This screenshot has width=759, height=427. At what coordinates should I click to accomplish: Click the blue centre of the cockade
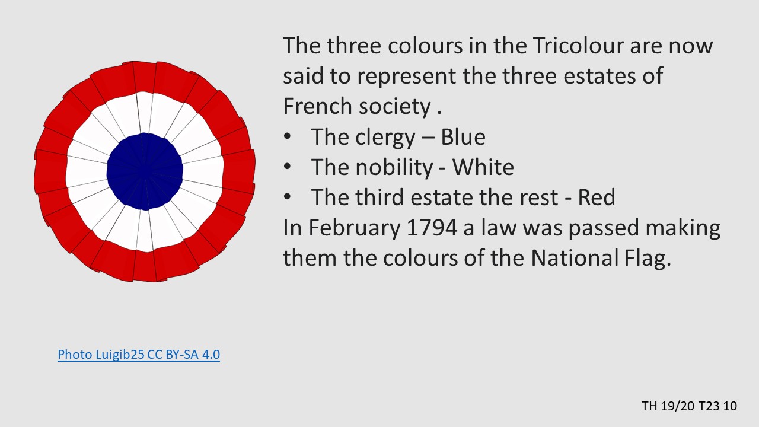(145, 171)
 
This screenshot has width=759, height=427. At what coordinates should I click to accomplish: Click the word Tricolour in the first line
(578, 46)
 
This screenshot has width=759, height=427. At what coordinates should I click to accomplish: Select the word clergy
(385, 137)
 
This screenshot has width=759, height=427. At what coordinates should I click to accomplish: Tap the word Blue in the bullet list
(463, 137)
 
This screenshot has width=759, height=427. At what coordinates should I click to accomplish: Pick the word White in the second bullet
(483, 167)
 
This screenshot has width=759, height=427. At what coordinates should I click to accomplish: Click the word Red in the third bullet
(597, 197)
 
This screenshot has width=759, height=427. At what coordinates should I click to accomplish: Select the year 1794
(432, 228)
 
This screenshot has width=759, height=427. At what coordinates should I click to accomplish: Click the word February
(354, 228)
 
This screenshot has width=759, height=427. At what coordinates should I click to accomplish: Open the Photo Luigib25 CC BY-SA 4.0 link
(139, 355)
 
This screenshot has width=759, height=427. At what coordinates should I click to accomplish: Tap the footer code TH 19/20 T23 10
(689, 406)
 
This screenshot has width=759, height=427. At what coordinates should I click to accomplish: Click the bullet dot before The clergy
(288, 136)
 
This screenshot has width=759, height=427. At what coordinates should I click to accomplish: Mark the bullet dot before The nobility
(288, 167)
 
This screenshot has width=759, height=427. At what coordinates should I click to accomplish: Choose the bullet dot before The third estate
(288, 197)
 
